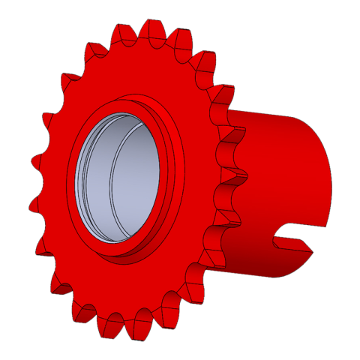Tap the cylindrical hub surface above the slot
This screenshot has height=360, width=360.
click(285, 165)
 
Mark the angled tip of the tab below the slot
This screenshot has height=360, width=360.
click(310, 250)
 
